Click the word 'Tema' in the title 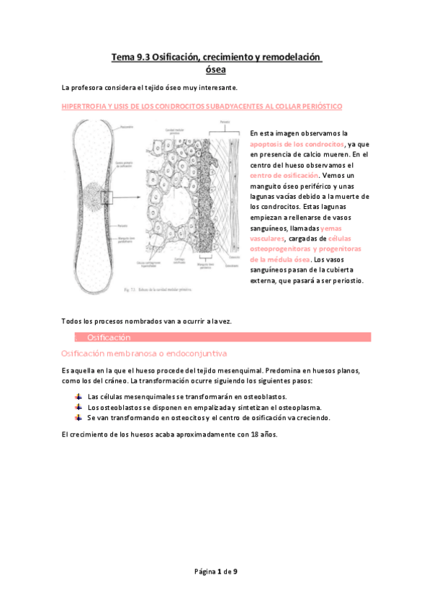[x=122, y=57]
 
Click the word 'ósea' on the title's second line [x=216, y=70]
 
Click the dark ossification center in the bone [x=96, y=197]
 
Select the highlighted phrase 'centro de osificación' [x=284, y=175]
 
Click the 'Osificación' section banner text [x=108, y=337]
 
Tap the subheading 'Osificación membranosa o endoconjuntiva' [x=144, y=354]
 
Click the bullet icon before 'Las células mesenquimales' [x=78, y=397]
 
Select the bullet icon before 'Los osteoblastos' [x=78, y=407]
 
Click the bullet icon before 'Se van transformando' [x=78, y=417]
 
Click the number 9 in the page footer [x=235, y=571]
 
